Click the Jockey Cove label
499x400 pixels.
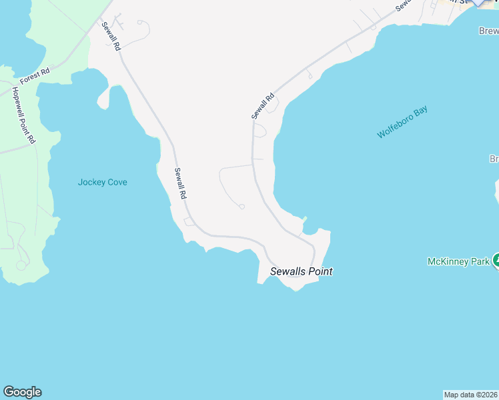102,182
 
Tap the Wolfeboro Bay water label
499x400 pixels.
402,122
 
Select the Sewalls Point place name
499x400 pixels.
301,271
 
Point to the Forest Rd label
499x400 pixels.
35,77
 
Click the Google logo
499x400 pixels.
22,392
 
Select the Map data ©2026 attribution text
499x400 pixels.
471,395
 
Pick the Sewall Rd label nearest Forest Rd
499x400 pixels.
111,37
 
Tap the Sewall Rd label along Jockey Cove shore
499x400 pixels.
180,183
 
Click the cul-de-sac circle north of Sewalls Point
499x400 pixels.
242,207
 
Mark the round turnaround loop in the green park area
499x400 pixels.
21,265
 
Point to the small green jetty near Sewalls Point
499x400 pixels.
304,219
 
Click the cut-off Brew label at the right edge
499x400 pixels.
489,31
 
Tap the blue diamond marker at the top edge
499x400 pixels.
479,2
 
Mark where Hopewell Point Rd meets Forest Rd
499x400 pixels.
11,87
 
